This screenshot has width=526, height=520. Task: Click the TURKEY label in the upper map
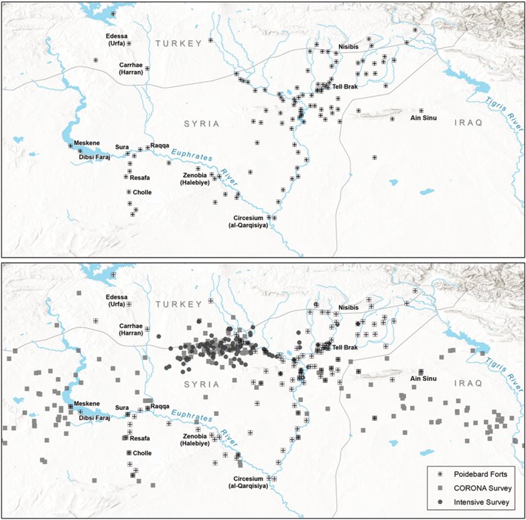(x=179, y=43)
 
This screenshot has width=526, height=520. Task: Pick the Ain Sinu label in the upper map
(x=423, y=118)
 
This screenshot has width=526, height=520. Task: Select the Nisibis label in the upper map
(x=350, y=48)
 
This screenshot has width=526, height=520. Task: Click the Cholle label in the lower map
(x=142, y=453)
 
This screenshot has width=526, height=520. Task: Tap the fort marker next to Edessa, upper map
(x=129, y=43)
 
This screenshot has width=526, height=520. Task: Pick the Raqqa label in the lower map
(x=160, y=407)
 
